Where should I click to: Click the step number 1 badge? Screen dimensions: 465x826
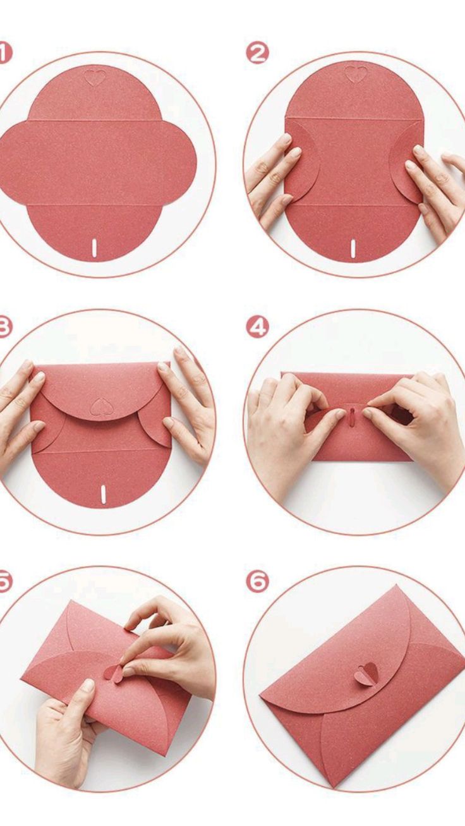tap(4, 54)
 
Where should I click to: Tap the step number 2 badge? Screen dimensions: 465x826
tap(257, 54)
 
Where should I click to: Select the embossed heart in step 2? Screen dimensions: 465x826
tap(356, 74)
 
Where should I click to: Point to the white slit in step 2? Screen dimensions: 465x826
tap(353, 248)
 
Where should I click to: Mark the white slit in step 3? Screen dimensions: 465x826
tap(103, 494)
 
